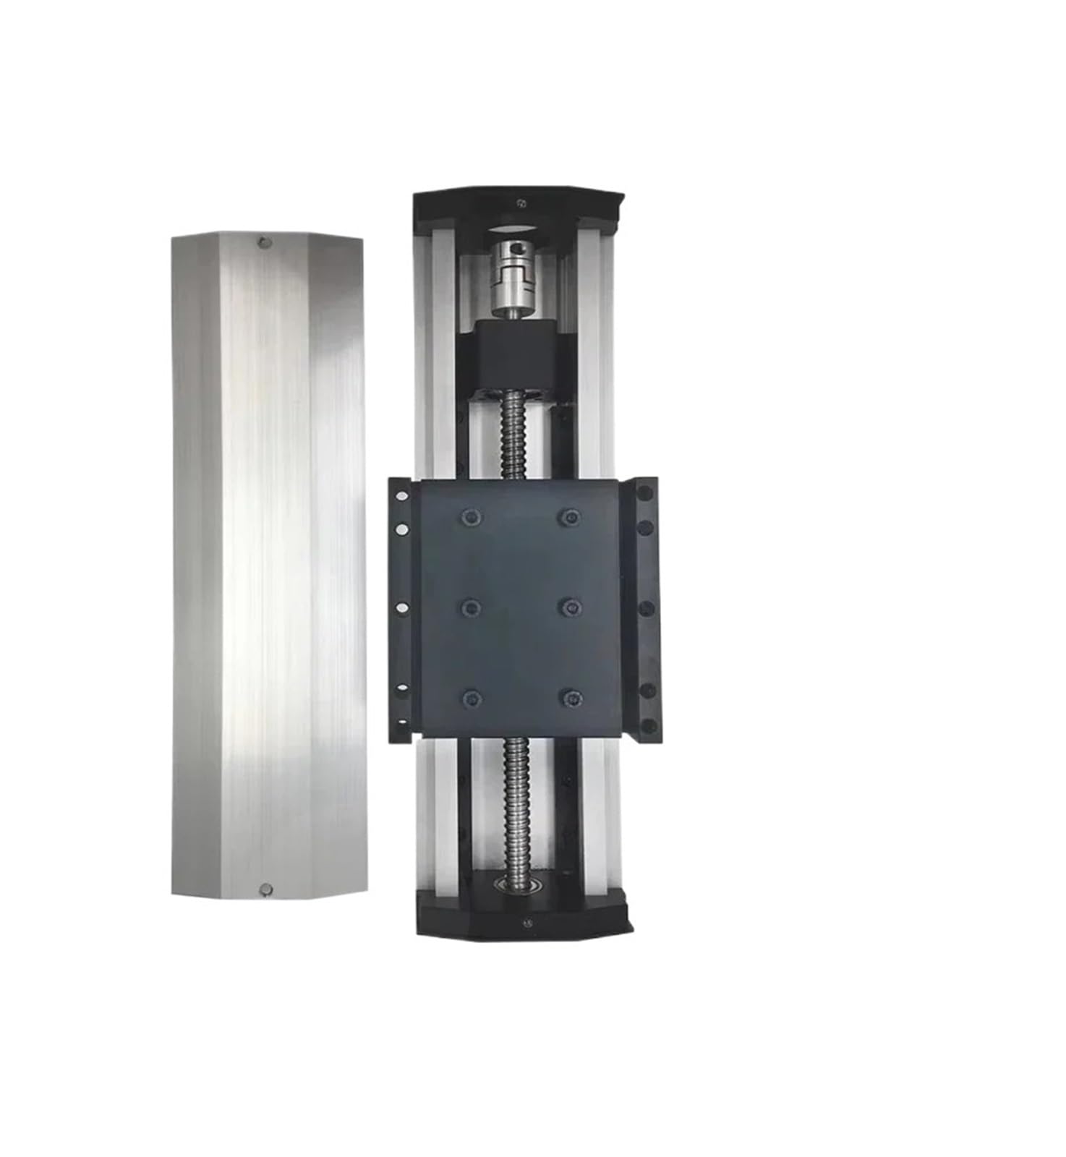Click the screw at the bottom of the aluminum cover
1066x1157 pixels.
click(x=265, y=888)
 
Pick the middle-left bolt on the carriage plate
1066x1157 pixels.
click(x=471, y=605)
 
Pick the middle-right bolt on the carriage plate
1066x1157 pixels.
click(x=571, y=605)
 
